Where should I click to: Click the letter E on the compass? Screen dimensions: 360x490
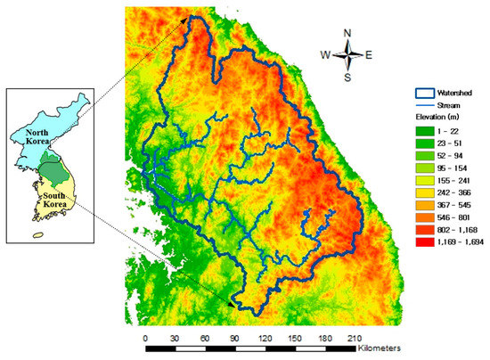369,54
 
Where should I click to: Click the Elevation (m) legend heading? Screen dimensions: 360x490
443,116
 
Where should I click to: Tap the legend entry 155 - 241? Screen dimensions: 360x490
459,180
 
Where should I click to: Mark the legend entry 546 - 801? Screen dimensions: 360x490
459,217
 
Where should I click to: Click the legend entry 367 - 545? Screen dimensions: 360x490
459,205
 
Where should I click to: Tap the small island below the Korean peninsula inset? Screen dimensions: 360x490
38,235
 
